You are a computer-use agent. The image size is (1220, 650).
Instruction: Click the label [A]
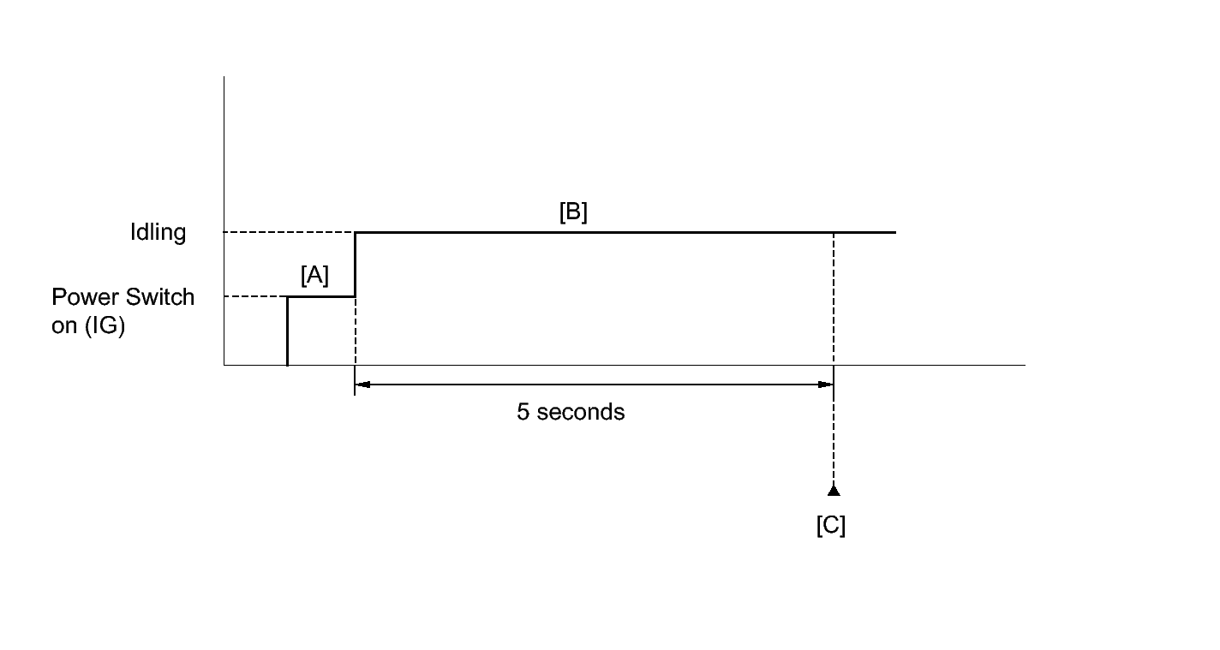pos(314,276)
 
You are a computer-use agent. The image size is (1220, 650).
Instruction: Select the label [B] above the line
pos(573,212)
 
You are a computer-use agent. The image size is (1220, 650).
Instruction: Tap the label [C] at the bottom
pos(831,525)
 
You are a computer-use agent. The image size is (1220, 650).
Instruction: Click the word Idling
pos(158,232)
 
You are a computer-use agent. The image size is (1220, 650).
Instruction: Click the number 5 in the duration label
pos(523,412)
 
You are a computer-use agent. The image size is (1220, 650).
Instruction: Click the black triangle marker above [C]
pos(834,490)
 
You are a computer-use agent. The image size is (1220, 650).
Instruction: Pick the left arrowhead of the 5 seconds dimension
pos(362,385)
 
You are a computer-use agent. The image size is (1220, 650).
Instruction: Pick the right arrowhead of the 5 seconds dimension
pos(827,385)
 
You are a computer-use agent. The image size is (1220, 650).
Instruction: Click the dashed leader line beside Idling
pos(289,232)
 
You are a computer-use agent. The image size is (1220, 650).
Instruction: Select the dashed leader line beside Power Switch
pos(255,297)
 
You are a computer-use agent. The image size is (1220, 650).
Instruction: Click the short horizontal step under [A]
pos(320,297)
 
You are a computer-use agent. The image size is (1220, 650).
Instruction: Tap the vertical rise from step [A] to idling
pos(355,265)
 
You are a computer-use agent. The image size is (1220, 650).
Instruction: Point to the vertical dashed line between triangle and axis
pos(834,437)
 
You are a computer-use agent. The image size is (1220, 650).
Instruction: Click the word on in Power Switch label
pos(64,326)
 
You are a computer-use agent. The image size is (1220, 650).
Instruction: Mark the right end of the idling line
pos(894,232)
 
